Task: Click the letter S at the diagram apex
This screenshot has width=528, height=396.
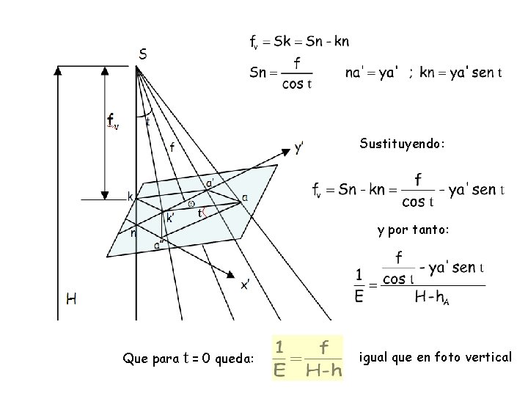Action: click(x=142, y=54)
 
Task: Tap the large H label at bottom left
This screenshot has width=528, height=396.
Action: click(x=71, y=298)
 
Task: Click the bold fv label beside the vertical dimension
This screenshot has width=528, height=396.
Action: click(x=112, y=120)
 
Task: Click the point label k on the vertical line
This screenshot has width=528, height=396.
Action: click(x=130, y=197)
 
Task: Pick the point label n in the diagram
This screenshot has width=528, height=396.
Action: click(x=132, y=233)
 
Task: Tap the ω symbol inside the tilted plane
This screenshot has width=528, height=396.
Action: click(x=191, y=203)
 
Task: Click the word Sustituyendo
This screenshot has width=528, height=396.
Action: click(x=402, y=144)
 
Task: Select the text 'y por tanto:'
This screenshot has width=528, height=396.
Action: click(x=413, y=230)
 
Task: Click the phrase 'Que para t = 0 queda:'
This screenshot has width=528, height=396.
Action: click(x=189, y=359)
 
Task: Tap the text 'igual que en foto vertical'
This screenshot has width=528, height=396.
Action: click(x=436, y=357)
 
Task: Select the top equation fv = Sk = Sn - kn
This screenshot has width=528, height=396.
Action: click(x=299, y=41)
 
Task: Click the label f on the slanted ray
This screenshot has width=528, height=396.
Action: click(x=172, y=147)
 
